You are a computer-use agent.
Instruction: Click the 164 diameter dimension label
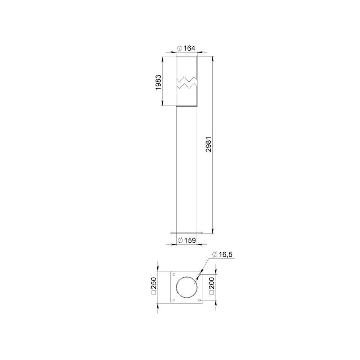coord(186,48)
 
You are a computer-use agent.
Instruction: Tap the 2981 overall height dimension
coord(209,144)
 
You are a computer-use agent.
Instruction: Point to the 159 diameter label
coord(187,240)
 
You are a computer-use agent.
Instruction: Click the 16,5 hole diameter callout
coord(222,255)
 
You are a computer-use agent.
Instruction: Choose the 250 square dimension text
coord(154,286)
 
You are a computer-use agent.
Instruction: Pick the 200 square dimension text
coord(212,286)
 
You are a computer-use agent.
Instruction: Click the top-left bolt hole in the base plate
coord(174,274)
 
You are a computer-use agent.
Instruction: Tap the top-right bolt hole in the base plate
coord(200,274)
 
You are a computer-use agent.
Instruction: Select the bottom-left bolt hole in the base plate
coord(174,300)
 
